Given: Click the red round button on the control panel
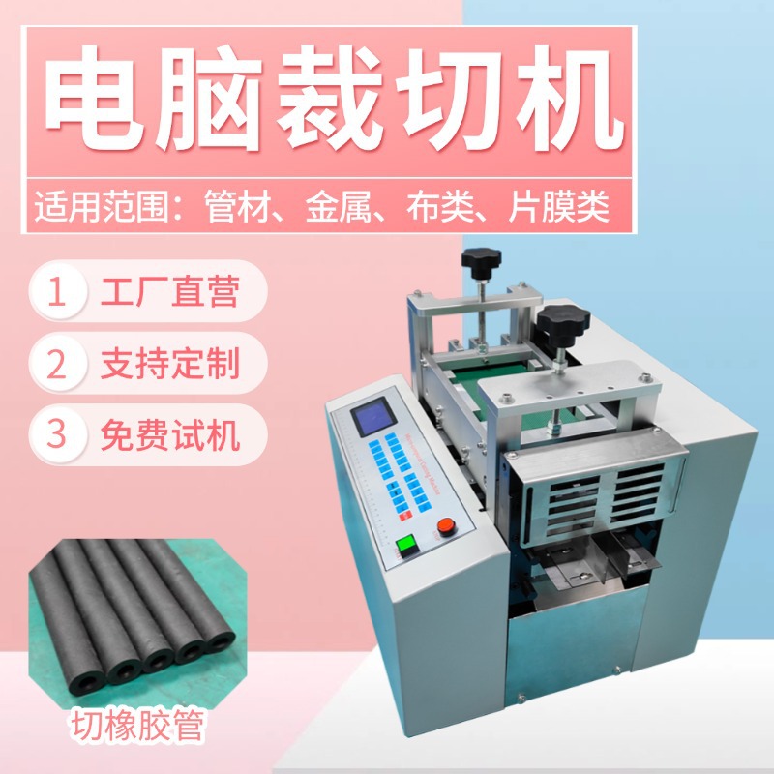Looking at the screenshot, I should pos(446,526).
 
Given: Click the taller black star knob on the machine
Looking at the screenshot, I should pos(481,260).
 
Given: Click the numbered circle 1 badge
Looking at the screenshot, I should pos(61,291).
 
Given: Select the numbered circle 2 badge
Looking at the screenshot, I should pos(61,363).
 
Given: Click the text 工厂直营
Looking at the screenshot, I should pos(170,291).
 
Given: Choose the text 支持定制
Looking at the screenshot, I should pos(170,363).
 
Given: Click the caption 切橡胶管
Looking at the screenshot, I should pos(135,727).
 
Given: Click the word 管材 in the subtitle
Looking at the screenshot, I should pos(239,207).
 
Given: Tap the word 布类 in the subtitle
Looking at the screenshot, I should pos(444,207).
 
